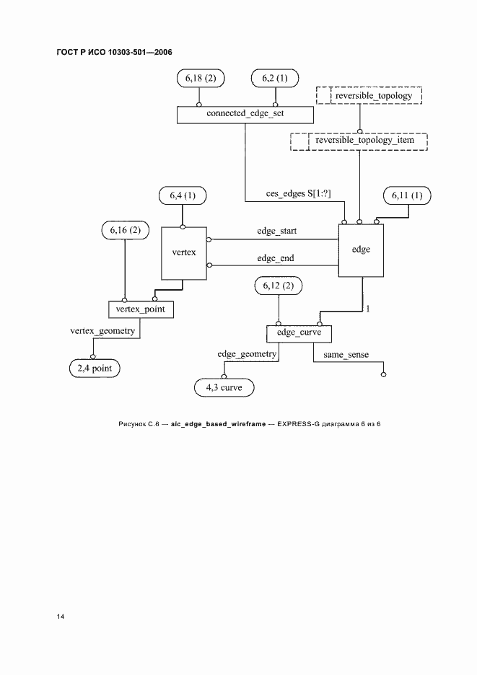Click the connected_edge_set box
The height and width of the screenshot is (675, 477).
pyautogui.click(x=245, y=114)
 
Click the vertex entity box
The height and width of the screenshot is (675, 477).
pyautogui.click(x=183, y=253)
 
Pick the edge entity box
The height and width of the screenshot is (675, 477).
pyautogui.click(x=361, y=250)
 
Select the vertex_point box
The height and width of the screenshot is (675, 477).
pyautogui.click(x=141, y=309)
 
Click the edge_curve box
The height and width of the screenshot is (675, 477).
pyautogui.click(x=299, y=334)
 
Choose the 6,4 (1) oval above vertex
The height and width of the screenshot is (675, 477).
pyautogui.click(x=183, y=195)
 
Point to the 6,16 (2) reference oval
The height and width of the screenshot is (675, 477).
pyautogui.click(x=125, y=230)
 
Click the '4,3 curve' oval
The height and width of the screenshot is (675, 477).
pyautogui.click(x=224, y=388)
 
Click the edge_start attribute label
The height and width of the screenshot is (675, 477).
pyautogui.click(x=277, y=231)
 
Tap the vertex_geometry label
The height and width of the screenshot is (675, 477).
pyautogui.click(x=102, y=330)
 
